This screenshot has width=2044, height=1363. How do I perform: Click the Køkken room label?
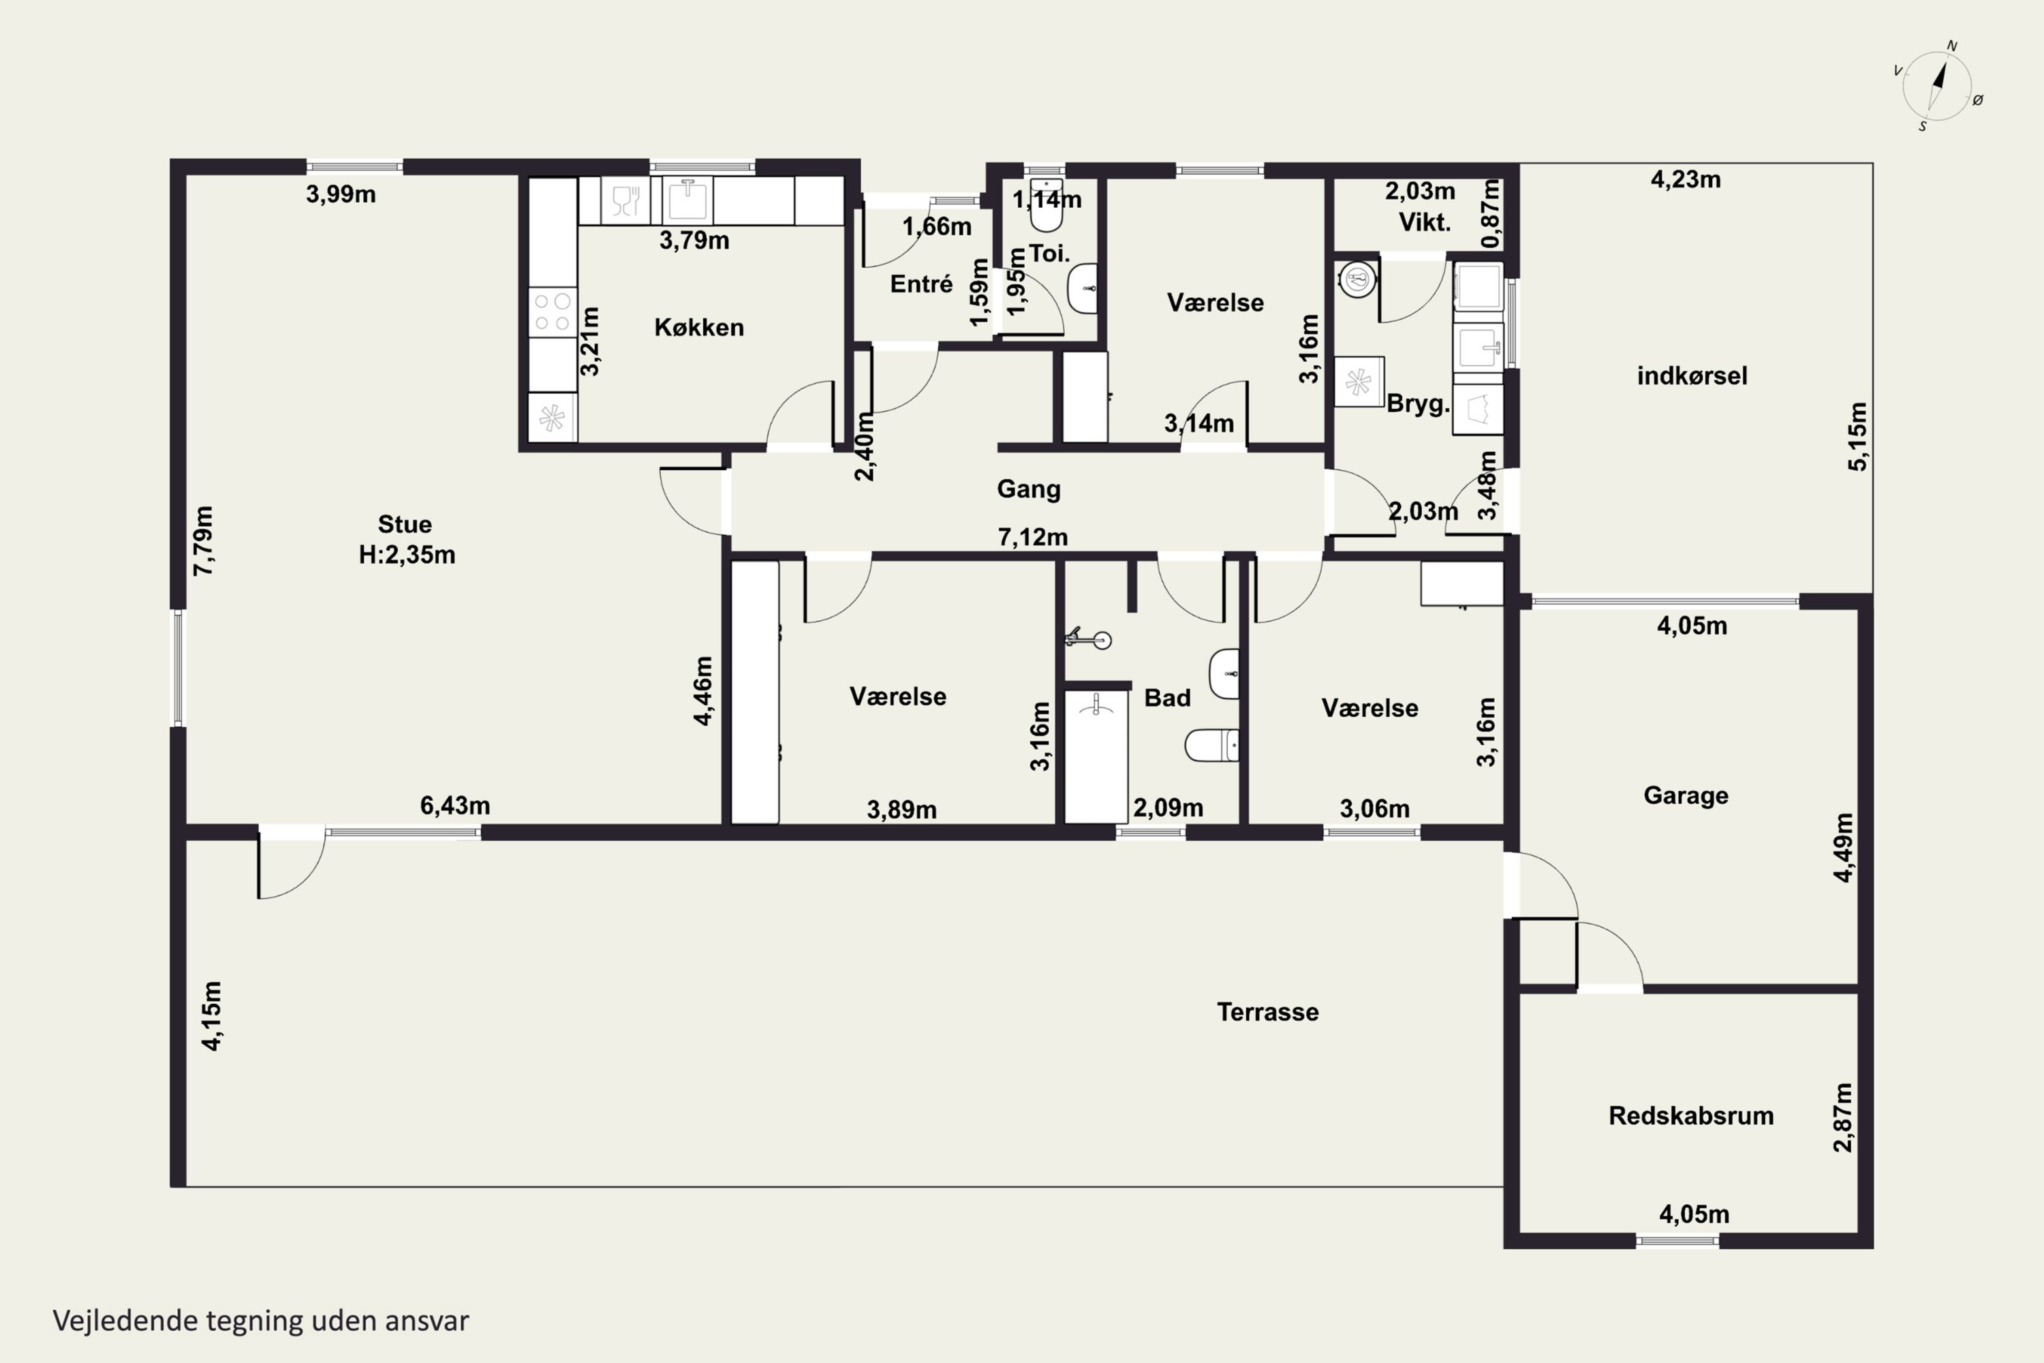click(699, 328)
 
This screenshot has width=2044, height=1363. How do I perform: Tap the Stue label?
click(405, 524)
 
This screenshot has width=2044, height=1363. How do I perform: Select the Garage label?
click(1686, 795)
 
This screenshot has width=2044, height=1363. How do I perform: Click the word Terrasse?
click(1268, 1012)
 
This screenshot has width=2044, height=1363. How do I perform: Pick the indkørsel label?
click(1692, 376)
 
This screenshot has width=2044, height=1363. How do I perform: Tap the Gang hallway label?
click(1029, 489)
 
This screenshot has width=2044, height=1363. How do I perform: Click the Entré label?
click(921, 284)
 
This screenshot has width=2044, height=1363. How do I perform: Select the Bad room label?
click(1167, 698)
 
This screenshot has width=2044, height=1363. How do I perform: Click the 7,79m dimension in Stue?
click(202, 540)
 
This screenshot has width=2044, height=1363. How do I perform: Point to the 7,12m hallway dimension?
click(1032, 537)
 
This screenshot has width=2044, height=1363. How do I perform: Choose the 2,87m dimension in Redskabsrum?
click(1842, 1118)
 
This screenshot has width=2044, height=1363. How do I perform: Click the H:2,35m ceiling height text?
click(407, 555)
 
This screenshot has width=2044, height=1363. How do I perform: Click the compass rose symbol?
click(1937, 86)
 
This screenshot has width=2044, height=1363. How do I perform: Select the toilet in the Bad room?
click(1212, 745)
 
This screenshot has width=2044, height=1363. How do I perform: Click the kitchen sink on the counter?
click(687, 200)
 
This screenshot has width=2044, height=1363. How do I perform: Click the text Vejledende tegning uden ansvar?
click(261, 1321)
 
